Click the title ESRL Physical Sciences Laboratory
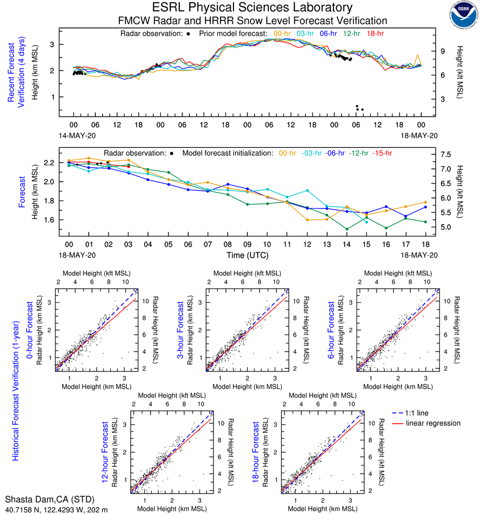252,8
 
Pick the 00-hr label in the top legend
283,33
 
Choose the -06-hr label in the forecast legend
333,153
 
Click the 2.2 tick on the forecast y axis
51,162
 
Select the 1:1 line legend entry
418,413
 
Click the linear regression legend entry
433,423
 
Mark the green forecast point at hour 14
347,229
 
